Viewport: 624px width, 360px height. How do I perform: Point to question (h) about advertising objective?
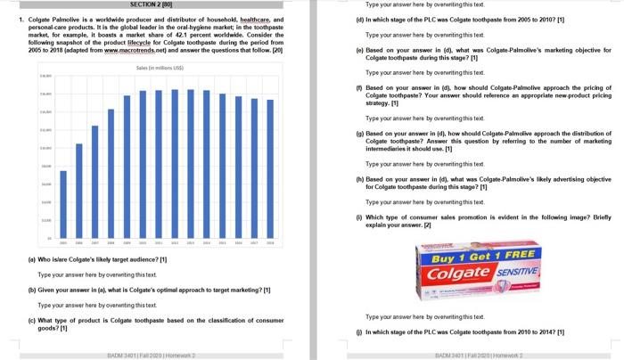click(x=481, y=183)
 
